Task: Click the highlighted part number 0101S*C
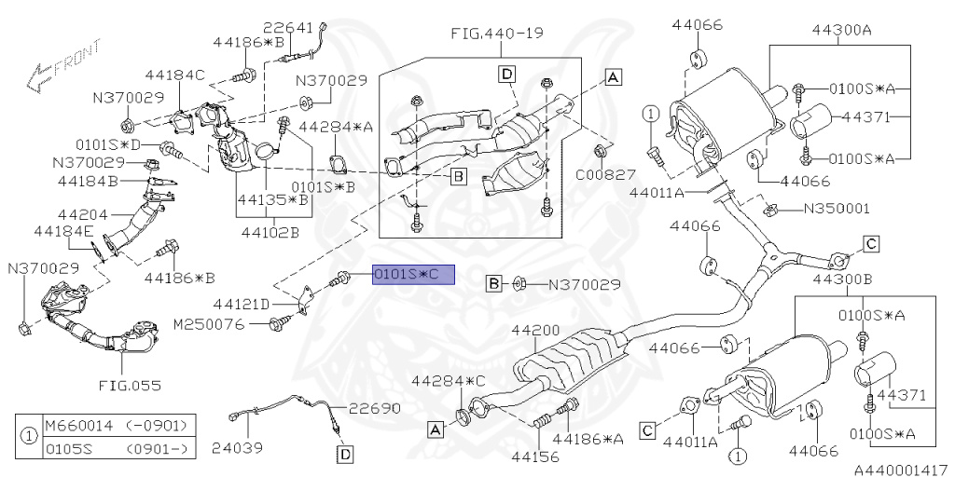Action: point(412,275)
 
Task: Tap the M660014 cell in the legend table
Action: point(76,426)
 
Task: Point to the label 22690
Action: point(375,408)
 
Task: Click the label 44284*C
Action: point(449,381)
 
